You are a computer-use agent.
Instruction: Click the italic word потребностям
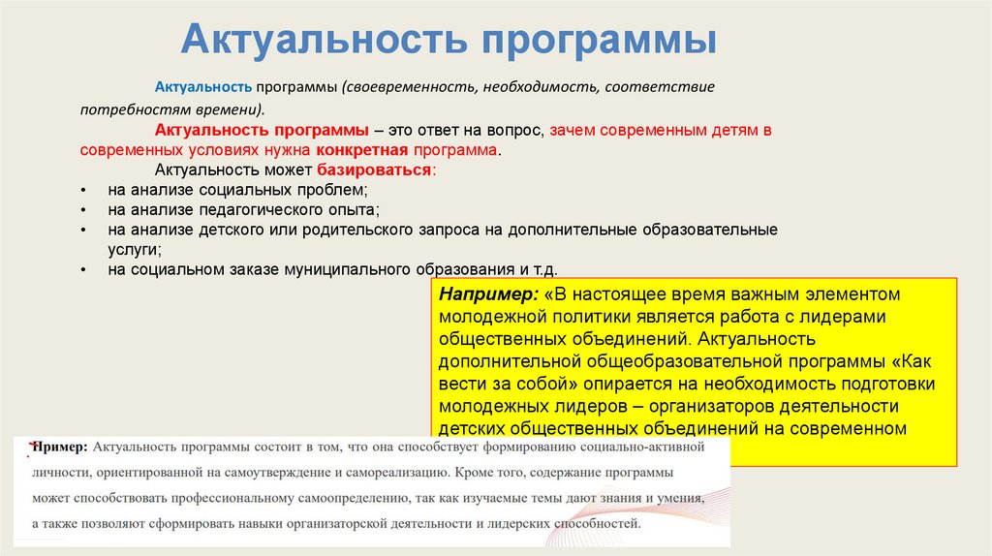click(x=126, y=109)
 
